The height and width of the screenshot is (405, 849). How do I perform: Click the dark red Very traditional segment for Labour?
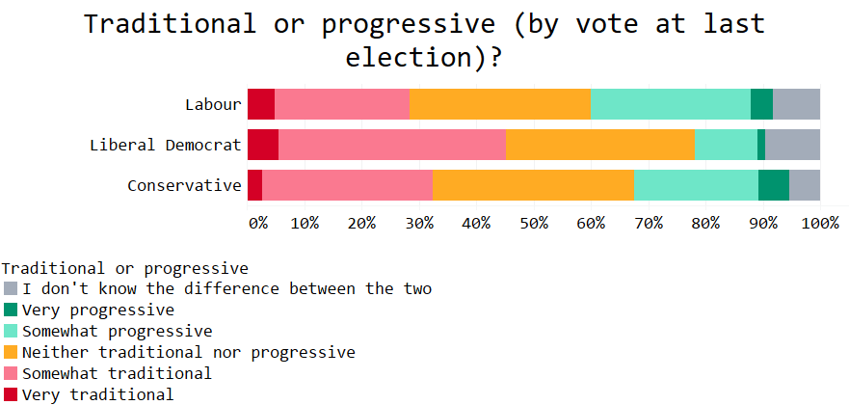[261, 104]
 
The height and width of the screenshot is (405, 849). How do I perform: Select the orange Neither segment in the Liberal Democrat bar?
[600, 145]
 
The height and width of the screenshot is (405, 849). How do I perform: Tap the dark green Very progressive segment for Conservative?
[774, 185]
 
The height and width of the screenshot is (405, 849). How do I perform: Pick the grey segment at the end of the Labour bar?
[796, 104]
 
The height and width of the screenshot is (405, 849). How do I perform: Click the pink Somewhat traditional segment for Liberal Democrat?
[392, 145]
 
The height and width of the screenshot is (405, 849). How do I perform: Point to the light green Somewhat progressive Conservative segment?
[697, 185]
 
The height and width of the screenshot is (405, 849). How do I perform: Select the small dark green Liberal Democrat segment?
[761, 145]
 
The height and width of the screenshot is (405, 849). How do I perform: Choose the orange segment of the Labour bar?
[500, 104]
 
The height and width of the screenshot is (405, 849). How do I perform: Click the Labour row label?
[213, 104]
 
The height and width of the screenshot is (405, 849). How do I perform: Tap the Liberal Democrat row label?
[166, 145]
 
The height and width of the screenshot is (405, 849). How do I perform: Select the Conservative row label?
[185, 186]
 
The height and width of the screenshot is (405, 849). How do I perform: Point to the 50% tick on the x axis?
[534, 224]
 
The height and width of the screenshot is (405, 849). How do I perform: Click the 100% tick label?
[820, 224]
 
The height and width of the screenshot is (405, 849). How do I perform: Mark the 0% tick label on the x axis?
[258, 224]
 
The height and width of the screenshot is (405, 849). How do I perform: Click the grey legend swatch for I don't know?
[11, 288]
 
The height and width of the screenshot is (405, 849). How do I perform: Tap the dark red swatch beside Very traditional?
[11, 394]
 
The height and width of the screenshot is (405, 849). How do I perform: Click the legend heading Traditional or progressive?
[125, 269]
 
